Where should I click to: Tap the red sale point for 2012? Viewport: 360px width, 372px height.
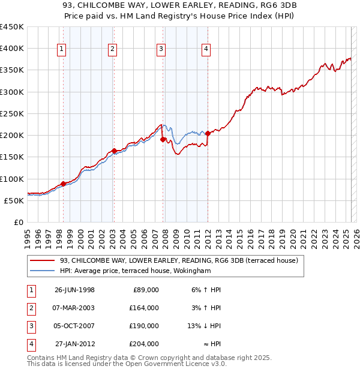[x=208, y=133]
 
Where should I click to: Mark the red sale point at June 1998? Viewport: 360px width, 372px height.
[x=63, y=184]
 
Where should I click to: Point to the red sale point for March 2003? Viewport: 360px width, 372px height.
[x=113, y=151]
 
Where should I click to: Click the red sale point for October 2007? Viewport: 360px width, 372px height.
[x=163, y=139]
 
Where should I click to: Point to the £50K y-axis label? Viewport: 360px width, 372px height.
[x=14, y=200]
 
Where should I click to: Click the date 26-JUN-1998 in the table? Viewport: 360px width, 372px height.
[x=74, y=289]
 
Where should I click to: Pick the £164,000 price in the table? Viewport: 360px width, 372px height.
[x=144, y=308]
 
